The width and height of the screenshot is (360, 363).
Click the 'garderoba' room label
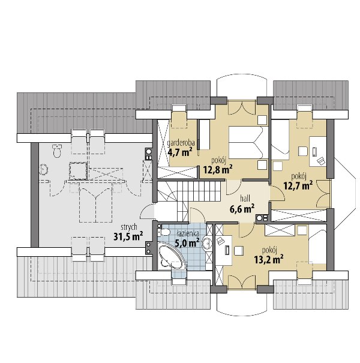[x=181, y=143]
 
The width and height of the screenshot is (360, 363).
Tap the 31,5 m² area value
[x=128, y=236]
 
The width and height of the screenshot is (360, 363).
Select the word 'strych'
[x=129, y=227]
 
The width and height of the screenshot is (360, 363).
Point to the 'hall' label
[x=245, y=198]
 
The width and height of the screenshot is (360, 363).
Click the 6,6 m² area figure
[x=242, y=209]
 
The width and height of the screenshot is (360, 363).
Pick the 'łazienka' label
[x=187, y=233]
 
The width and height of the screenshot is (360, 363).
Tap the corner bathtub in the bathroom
[x=172, y=256]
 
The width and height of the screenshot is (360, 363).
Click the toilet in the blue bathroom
[x=164, y=232]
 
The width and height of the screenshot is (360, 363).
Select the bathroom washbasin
[x=207, y=243]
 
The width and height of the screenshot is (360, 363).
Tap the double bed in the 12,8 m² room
[x=248, y=142]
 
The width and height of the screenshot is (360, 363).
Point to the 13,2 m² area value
[x=269, y=260]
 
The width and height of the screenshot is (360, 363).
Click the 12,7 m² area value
[x=298, y=185]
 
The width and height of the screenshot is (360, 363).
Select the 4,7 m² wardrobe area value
[x=180, y=152]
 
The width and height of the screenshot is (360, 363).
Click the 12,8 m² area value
[x=218, y=170]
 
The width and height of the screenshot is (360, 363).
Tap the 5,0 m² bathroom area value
[x=187, y=243]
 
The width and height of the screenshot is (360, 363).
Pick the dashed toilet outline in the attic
[x=57, y=151]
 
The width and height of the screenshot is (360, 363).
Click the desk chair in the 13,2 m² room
[x=238, y=251]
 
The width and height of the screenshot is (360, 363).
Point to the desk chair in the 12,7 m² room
[x=303, y=151]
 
